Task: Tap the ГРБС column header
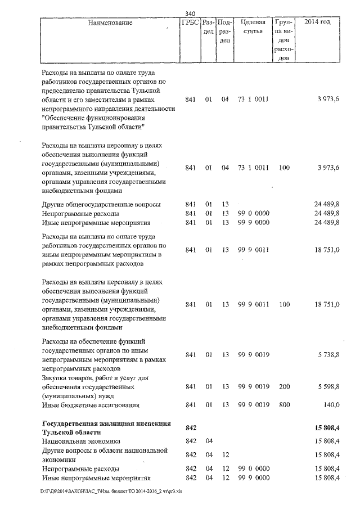(189, 22)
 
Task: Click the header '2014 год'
(317, 22)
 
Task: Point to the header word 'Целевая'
(253, 22)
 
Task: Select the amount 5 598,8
(328, 388)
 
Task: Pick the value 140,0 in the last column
(331, 404)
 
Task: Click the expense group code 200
(284, 388)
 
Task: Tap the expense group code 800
(284, 404)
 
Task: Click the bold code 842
(190, 428)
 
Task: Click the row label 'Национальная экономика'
(81, 442)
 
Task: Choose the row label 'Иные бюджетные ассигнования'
(90, 404)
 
